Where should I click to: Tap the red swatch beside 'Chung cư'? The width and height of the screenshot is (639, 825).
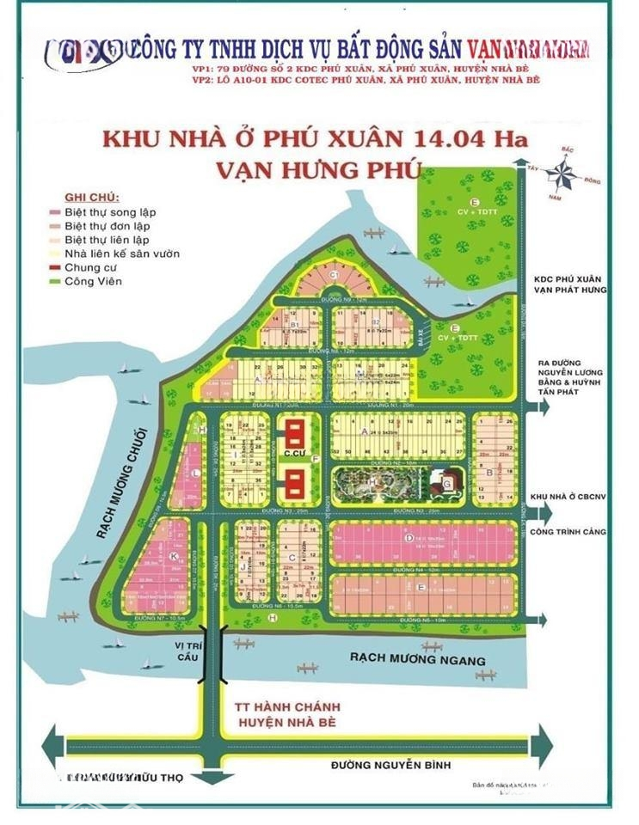[53, 267]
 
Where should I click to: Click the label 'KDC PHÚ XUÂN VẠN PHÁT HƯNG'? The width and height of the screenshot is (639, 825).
[569, 284]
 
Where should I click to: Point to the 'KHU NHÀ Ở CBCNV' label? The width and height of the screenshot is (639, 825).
[569, 498]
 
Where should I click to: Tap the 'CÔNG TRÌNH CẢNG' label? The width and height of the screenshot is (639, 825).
[569, 532]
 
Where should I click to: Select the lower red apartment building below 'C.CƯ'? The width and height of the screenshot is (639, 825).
[293, 486]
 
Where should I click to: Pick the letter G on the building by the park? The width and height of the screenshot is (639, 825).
[448, 485]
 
